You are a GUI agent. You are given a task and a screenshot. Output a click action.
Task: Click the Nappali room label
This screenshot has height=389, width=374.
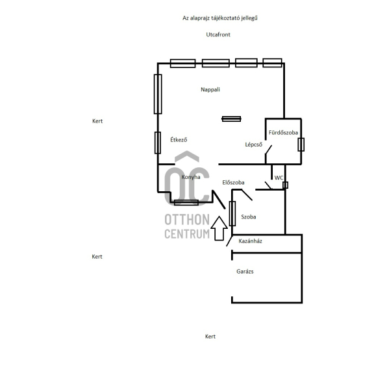(210, 89)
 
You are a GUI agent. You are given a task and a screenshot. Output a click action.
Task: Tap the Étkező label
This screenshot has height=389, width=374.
(179, 139)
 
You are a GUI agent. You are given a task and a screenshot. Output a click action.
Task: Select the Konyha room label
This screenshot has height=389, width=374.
(191, 177)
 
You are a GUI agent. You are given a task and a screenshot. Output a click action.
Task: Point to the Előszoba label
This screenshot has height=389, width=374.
(233, 183)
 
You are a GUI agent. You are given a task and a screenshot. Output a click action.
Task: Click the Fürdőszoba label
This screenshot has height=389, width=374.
(283, 132)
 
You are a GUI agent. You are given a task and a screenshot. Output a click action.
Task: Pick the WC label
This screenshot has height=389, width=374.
(279, 178)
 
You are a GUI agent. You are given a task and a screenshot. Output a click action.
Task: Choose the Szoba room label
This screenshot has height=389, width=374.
(249, 217)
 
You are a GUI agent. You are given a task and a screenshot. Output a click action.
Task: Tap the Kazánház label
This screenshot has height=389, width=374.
(250, 241)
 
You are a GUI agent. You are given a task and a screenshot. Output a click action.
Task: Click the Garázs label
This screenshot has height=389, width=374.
(245, 272)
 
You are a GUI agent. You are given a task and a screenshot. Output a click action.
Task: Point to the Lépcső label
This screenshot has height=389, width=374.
(254, 145)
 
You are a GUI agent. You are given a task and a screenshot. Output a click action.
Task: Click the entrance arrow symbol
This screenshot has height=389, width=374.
(219, 228)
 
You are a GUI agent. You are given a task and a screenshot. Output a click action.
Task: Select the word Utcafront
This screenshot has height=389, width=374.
(218, 34)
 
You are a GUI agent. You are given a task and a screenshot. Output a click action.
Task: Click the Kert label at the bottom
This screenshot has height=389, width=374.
(210, 336)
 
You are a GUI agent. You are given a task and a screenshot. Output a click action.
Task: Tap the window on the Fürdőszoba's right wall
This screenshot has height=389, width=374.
(301, 145)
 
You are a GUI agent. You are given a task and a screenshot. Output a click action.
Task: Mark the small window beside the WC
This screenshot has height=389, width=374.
(285, 185)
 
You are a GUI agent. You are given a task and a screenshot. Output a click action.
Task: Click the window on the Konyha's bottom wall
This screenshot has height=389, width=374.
(186, 203)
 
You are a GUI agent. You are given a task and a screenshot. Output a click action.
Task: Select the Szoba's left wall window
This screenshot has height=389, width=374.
(232, 213)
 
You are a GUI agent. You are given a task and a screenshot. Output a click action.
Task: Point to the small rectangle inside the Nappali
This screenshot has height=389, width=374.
(231, 119)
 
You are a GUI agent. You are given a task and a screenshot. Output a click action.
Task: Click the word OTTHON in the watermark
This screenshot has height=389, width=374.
(187, 220)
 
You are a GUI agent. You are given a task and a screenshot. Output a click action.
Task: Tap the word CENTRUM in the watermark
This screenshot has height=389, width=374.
(187, 234)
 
